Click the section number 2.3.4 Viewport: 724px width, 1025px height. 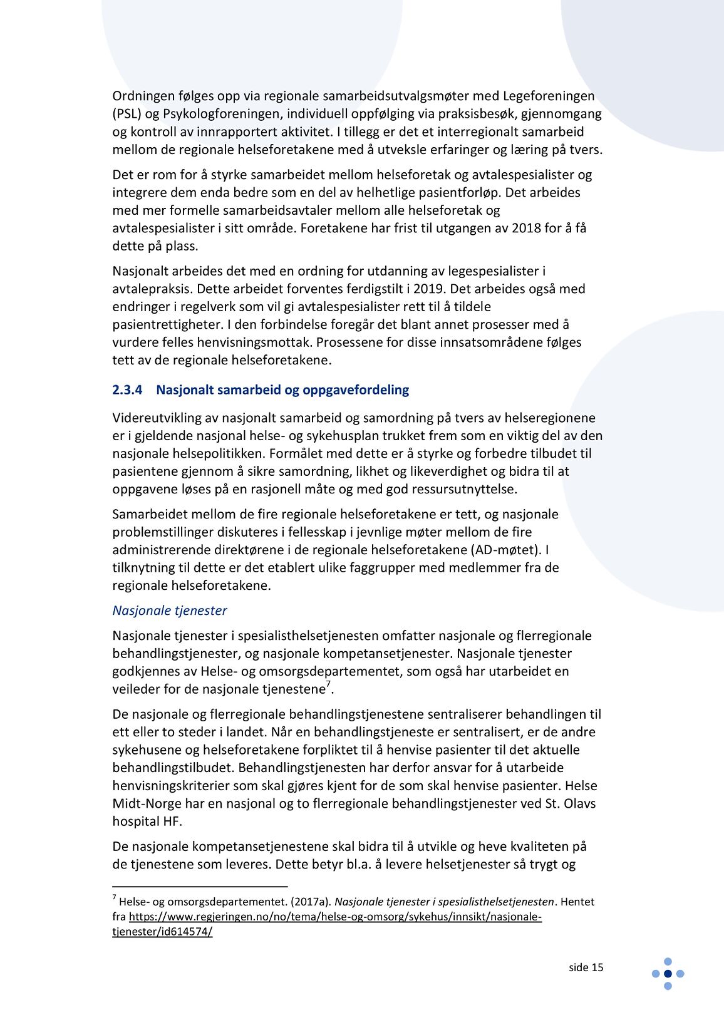[127, 389]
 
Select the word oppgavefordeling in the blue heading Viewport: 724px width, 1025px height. [356, 389]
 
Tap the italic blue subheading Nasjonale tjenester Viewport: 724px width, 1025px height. [169, 610]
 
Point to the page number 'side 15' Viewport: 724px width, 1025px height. [586, 967]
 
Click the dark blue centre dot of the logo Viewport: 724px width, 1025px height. [668, 974]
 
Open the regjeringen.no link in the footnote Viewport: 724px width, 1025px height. [335, 917]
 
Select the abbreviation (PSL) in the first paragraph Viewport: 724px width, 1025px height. [127, 114]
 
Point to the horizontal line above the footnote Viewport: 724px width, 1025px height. [200, 887]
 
